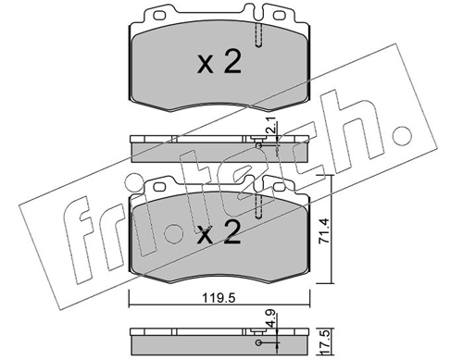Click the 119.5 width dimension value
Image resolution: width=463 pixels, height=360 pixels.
(x=219, y=298)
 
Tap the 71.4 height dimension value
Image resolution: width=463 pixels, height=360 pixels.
(x=324, y=231)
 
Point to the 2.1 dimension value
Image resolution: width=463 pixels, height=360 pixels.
(x=272, y=127)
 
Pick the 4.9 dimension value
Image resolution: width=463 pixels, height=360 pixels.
(x=272, y=320)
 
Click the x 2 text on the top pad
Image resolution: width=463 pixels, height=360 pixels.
(x=219, y=62)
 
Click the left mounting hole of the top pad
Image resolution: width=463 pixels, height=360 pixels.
(x=159, y=16)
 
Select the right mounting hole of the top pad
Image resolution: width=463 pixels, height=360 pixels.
(x=280, y=16)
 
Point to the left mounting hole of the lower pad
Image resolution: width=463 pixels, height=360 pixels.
(x=159, y=187)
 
